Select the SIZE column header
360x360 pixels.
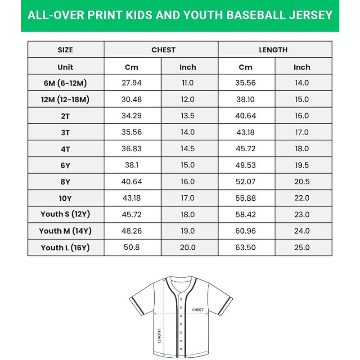(x=65, y=50)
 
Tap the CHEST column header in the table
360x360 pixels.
(x=163, y=50)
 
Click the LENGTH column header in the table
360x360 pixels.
(x=273, y=50)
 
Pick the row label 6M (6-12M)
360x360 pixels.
(x=66, y=83)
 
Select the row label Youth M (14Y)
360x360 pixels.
(x=66, y=231)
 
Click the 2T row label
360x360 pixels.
(x=66, y=116)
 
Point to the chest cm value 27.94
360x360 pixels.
(x=132, y=83)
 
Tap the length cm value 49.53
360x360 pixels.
(x=246, y=165)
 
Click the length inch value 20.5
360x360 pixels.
(x=301, y=182)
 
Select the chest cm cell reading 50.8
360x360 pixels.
(x=132, y=247)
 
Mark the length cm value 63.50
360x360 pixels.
(x=246, y=247)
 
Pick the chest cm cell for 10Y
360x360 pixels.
(x=132, y=198)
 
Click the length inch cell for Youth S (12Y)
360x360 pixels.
(x=301, y=215)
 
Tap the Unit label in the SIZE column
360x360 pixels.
(x=65, y=67)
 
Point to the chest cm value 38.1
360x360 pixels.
(x=132, y=165)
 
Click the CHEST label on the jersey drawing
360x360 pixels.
(x=198, y=310)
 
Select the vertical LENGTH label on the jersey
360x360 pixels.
(x=159, y=336)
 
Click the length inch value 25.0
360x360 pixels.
(x=301, y=247)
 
